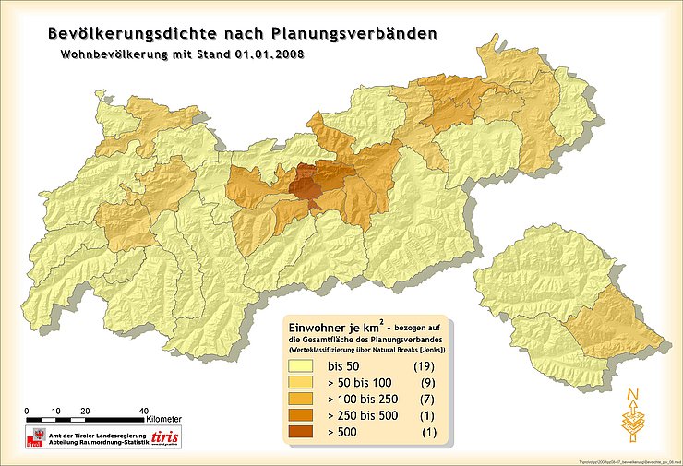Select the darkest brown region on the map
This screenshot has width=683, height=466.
tap(306, 185)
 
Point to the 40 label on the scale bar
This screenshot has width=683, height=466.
tap(143, 410)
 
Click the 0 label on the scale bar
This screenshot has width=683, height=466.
tap(28, 410)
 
